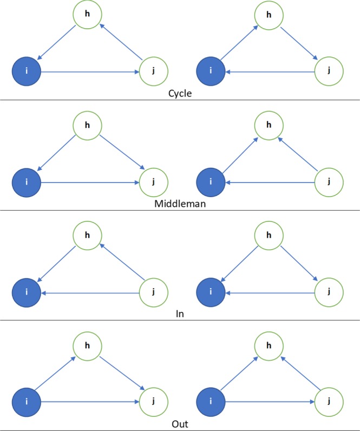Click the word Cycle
[x=180, y=93]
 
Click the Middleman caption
[x=180, y=204]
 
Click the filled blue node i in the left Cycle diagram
[x=26, y=71]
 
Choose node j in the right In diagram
[x=329, y=292]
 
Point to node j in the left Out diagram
[x=153, y=402]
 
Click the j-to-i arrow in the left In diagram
[x=89, y=292]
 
